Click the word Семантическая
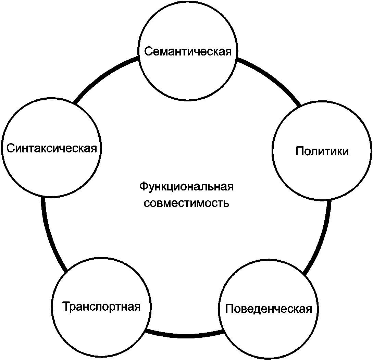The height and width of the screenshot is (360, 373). [x=188, y=52]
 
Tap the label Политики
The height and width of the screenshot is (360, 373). [x=322, y=151]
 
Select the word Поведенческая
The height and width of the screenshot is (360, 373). [x=269, y=309]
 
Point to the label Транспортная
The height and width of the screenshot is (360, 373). [x=101, y=306]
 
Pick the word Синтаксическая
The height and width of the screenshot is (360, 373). [x=52, y=148]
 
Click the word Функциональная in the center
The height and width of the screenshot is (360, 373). [x=186, y=187]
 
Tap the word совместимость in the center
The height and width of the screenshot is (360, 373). [x=186, y=203]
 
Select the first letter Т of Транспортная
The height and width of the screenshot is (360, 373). [x=66, y=306]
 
